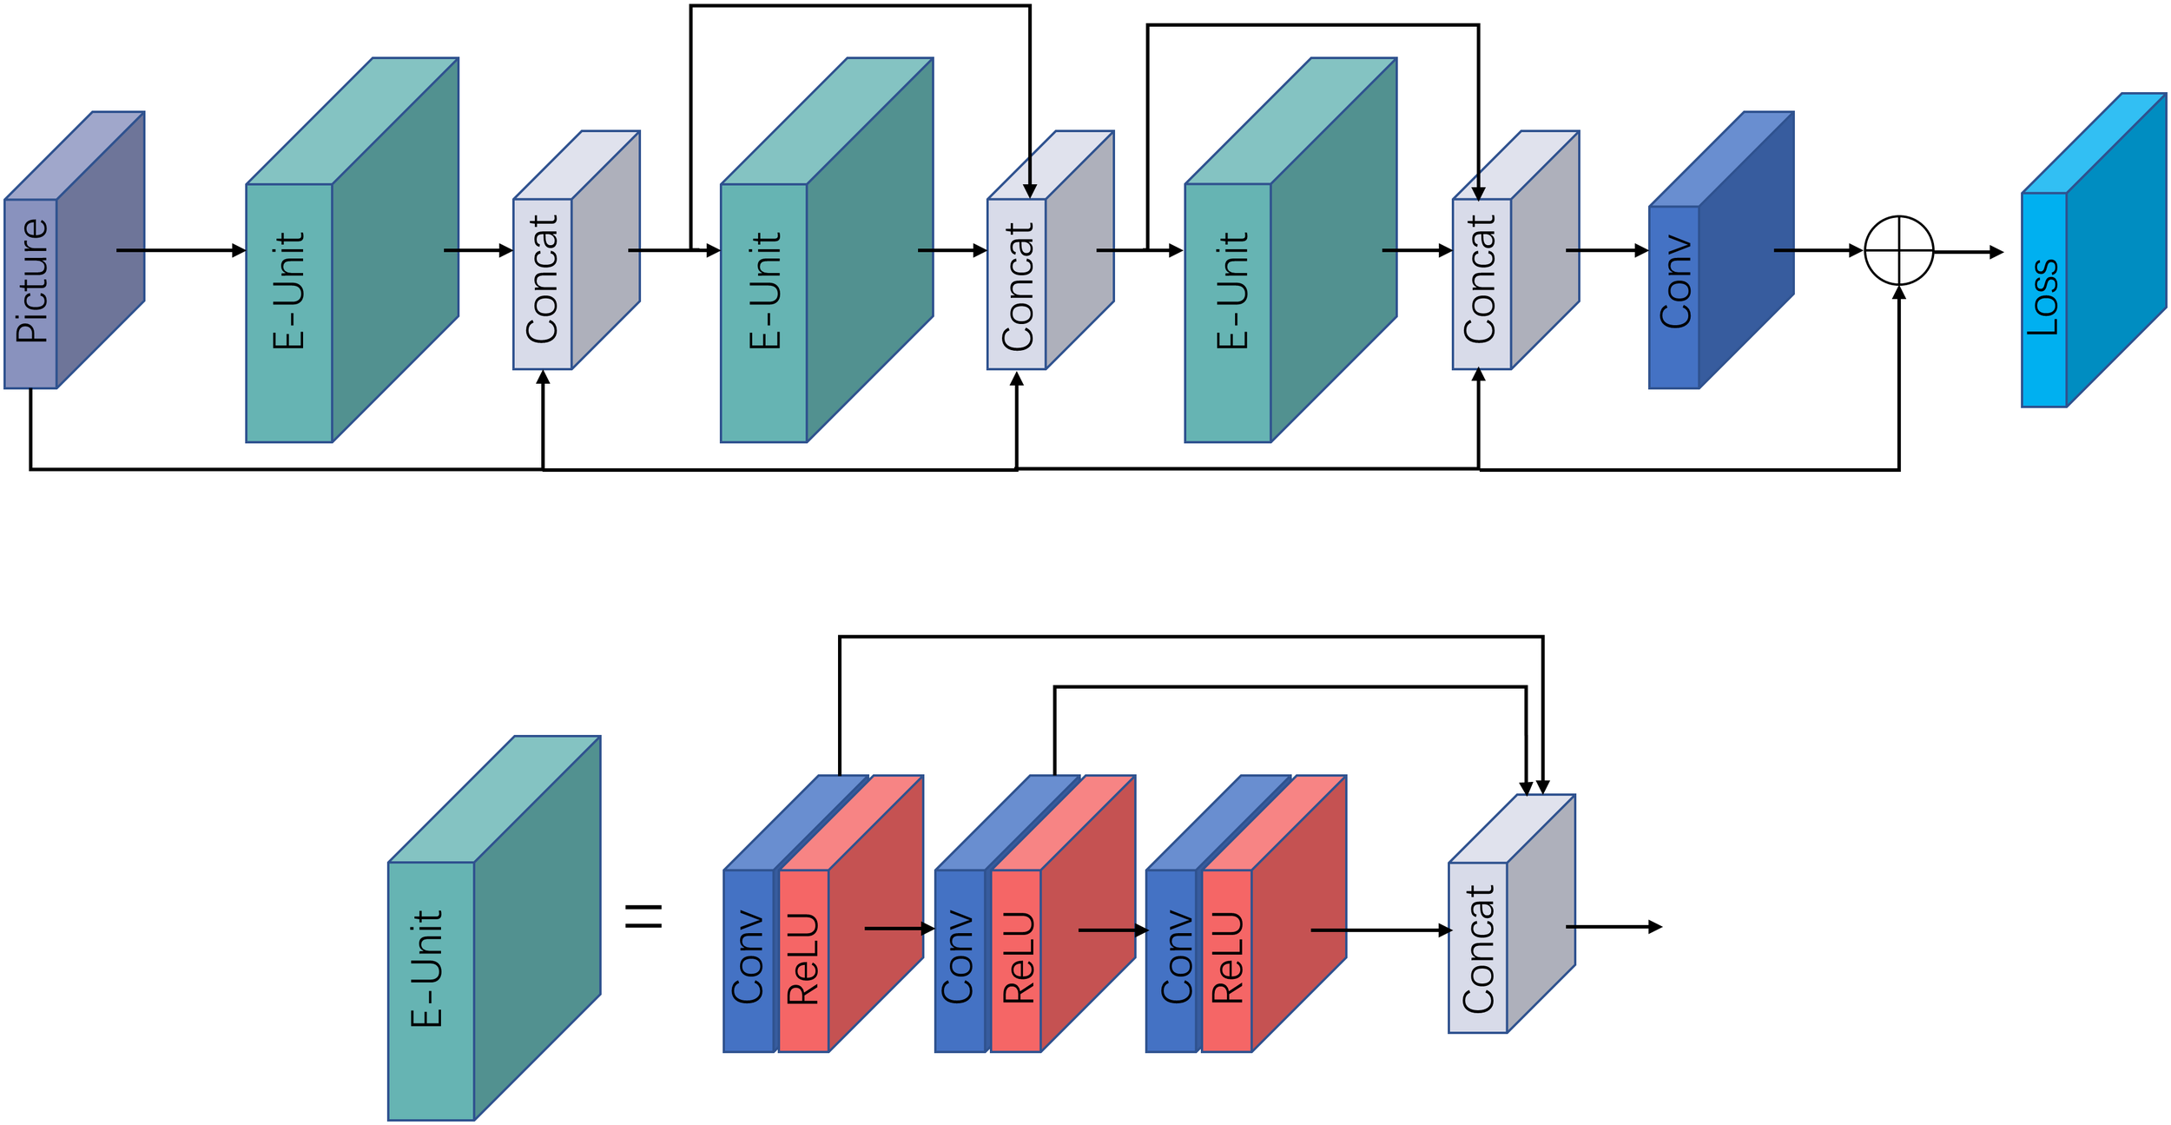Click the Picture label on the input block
point(31,281)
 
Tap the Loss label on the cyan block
point(2042,297)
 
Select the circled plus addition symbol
point(1899,250)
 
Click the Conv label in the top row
point(1675,283)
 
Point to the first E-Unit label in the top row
point(288,290)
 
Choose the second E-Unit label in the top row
point(764,290)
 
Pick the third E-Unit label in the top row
point(1231,290)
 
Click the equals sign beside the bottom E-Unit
point(644,917)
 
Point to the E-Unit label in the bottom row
point(426,969)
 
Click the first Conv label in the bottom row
point(747,956)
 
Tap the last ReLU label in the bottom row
point(1227,958)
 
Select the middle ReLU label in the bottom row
point(1018,958)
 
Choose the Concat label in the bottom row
point(1478,950)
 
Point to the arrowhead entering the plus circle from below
point(1899,293)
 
